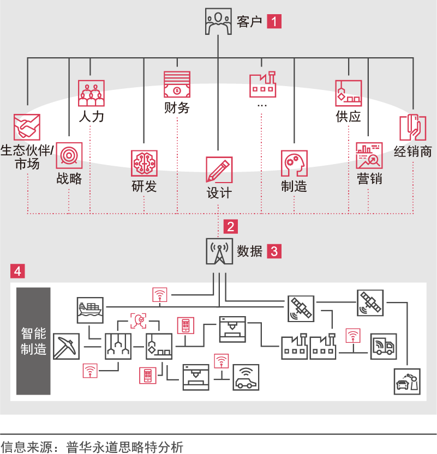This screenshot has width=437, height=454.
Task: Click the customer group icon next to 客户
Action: click(218, 22)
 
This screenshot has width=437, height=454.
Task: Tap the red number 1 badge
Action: click(274, 22)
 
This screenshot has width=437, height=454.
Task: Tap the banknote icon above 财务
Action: click(177, 84)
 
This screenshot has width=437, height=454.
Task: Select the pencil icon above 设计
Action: click(219, 170)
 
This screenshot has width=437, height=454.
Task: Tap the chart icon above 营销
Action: click(369, 156)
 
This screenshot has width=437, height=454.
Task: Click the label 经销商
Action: click(413, 151)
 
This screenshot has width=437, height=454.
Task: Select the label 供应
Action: click(349, 117)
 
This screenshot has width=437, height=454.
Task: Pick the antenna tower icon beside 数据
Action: click(219, 251)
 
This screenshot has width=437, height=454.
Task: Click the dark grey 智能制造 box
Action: click(33, 341)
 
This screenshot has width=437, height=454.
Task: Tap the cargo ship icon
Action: click(90, 310)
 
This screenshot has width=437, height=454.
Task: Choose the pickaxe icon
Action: click(67, 346)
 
